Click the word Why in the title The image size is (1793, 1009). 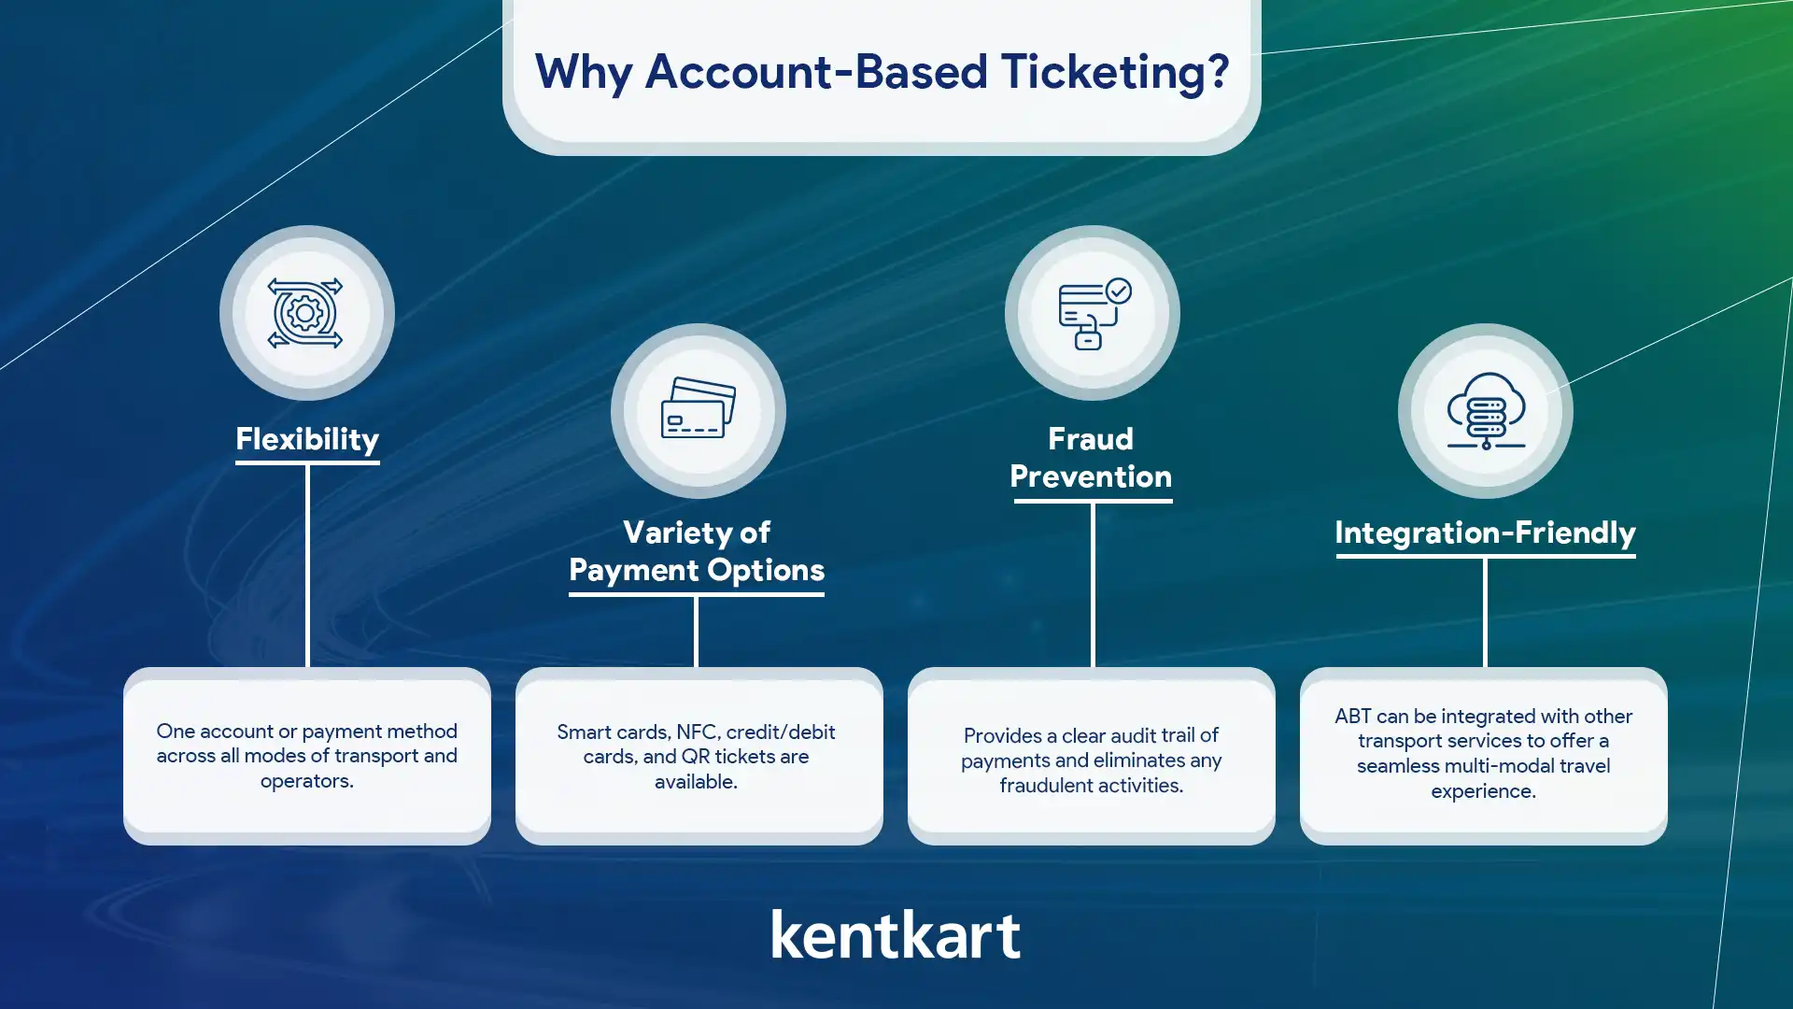tap(584, 73)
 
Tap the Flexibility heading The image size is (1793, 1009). tap(307, 439)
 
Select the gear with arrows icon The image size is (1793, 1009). tap(305, 313)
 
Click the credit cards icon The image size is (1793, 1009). tap(699, 407)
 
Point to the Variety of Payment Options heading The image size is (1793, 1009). tap(697, 551)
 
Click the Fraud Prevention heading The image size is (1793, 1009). tap(1091, 458)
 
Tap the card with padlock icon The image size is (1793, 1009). tap(1094, 314)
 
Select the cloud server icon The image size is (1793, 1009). tap(1486, 411)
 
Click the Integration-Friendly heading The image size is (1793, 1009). tap(1485, 533)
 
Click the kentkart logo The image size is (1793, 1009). tap(896, 934)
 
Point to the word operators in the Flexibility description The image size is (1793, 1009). tap(305, 781)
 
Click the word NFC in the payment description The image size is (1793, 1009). tap(697, 732)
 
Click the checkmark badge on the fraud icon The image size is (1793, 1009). tap(1119, 291)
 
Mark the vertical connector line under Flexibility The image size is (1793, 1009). tap(307, 566)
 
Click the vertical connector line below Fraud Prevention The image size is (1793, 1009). tap(1093, 585)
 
